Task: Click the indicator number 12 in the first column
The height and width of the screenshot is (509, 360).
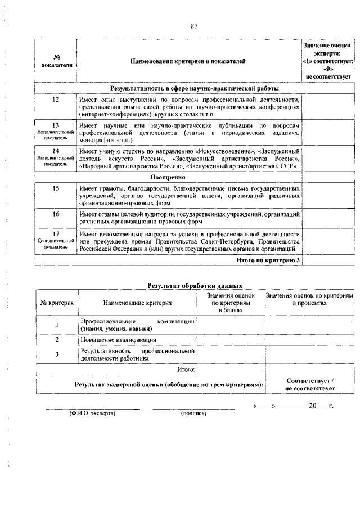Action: point(56,100)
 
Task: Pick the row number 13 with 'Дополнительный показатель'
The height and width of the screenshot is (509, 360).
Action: point(56,130)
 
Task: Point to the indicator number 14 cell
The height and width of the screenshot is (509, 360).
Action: point(56,159)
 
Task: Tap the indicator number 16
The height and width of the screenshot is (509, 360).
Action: point(56,214)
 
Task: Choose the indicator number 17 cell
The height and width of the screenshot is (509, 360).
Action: point(56,239)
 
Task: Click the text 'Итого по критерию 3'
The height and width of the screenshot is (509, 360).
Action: point(267,260)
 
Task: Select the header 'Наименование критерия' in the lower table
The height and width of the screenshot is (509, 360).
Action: point(138,303)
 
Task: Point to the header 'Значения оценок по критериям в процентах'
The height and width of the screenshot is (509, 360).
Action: point(310,299)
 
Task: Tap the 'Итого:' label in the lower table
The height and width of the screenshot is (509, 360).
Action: point(186,370)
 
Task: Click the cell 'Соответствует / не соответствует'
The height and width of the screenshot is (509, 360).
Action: point(310,385)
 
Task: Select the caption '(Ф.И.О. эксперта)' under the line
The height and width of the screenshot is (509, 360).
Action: point(92,413)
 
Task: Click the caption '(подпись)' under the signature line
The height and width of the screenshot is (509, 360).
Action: point(194,413)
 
